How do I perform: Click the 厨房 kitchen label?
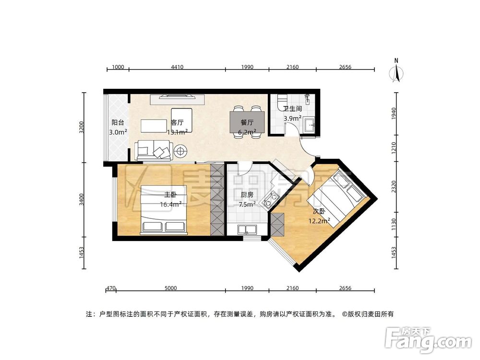247,195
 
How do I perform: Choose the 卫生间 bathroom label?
292,109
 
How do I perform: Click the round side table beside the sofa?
181,151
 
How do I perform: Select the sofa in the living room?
153,150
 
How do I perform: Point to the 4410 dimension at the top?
177,67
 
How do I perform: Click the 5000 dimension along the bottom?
171,288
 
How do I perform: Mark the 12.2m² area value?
319,221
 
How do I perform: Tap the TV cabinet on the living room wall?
178,100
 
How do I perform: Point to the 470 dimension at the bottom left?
110,288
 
